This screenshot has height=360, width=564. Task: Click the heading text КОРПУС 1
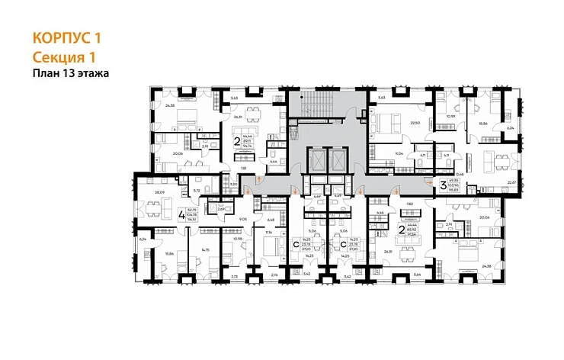68,37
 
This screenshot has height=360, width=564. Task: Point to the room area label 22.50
416,122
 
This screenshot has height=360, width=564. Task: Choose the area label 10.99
450,117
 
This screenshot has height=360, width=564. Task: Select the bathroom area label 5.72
196,190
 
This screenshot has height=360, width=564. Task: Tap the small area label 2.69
221,209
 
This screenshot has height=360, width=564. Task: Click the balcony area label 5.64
416,273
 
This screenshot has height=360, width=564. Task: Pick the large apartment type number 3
443,183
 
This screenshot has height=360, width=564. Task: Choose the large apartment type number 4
181,214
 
